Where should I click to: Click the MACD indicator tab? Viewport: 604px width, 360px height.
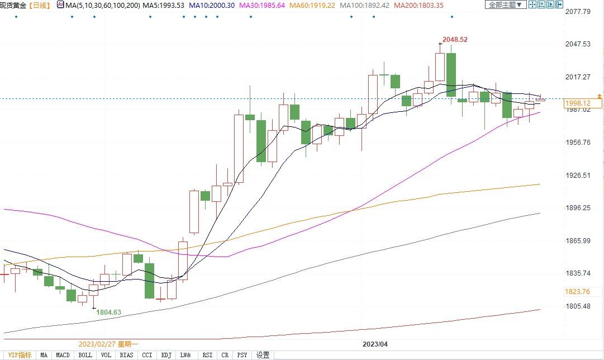point(63,355)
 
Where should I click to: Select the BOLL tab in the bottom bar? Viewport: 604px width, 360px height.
point(85,355)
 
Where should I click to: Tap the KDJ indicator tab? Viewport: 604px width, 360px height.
point(166,355)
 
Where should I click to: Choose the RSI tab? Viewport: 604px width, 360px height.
point(207,355)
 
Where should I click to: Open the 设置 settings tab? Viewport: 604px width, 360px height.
point(263,355)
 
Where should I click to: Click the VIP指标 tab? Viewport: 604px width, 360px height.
point(20,355)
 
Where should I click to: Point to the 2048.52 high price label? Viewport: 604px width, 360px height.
point(454,40)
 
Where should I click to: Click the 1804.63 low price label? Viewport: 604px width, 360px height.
point(108,312)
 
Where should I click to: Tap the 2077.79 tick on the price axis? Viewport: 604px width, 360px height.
point(578,12)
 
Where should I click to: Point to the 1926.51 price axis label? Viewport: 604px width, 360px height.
point(578,176)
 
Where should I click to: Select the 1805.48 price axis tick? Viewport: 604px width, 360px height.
point(578,306)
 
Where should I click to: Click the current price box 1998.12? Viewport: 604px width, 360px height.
point(578,103)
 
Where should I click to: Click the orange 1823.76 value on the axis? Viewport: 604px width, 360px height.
point(578,292)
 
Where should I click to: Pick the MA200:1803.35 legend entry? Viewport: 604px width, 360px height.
point(418,5)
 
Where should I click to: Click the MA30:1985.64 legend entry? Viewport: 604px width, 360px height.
point(262,5)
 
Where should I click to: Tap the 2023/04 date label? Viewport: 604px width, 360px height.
point(375,344)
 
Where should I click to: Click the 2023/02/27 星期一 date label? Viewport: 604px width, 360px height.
point(108,344)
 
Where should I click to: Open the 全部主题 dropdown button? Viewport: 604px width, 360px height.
point(505,5)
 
